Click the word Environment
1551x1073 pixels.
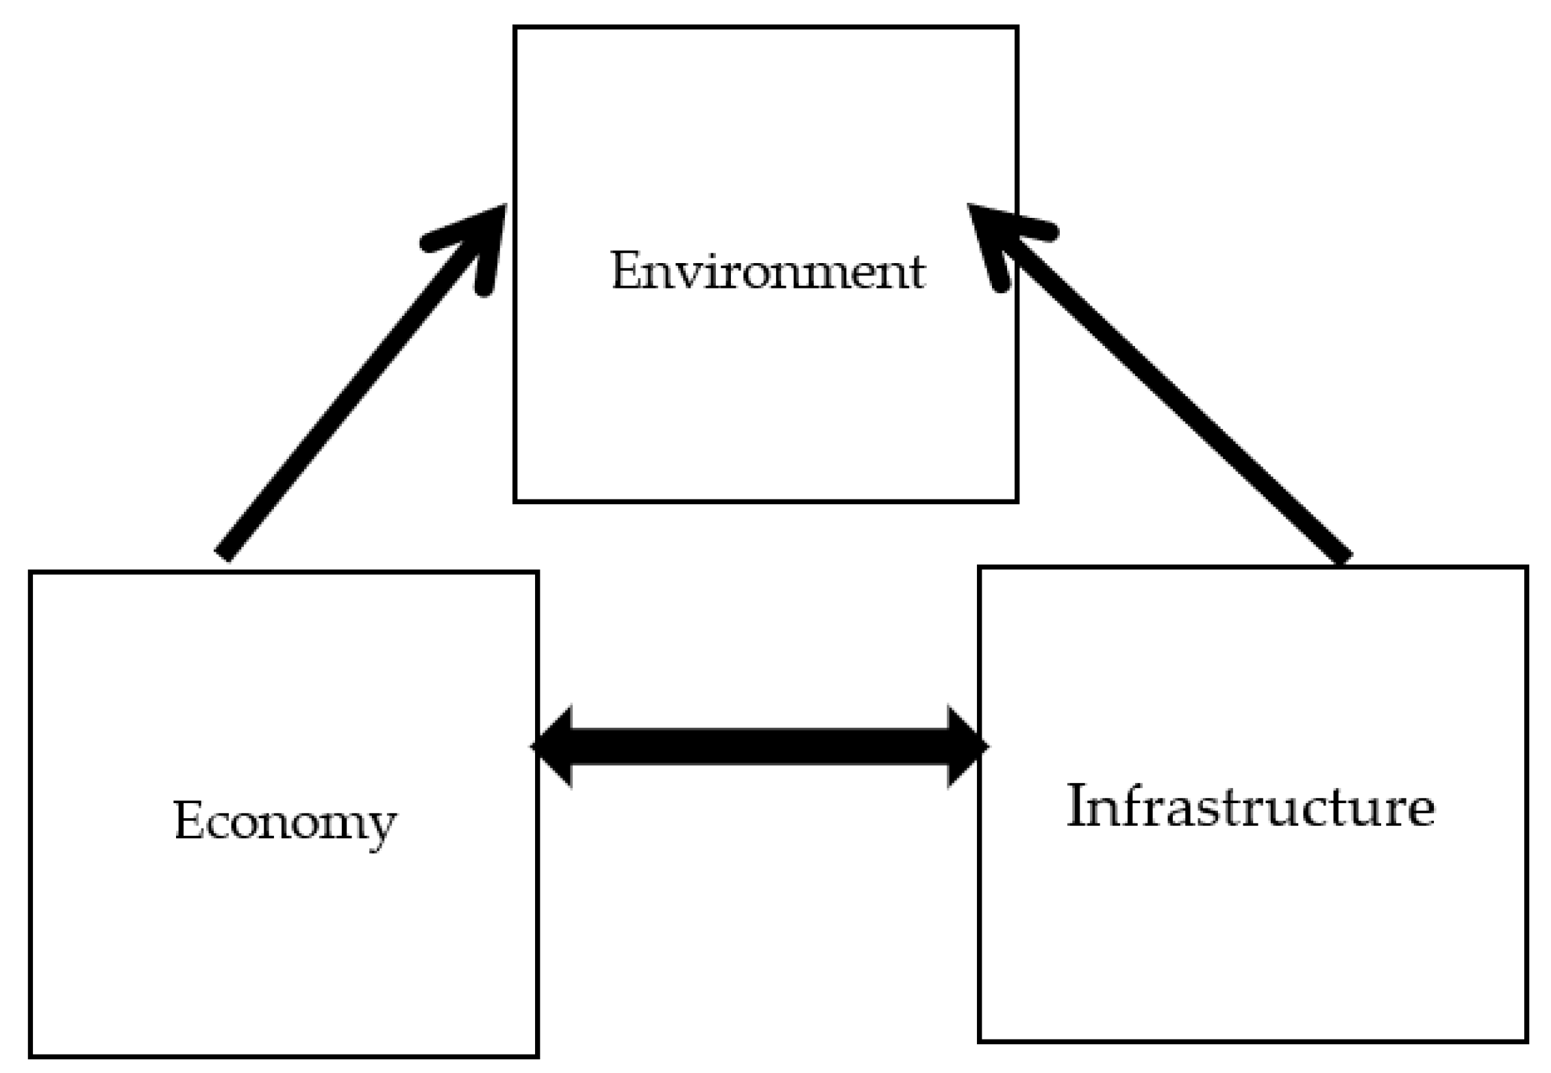coord(767,271)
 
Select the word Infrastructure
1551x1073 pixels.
coord(1251,807)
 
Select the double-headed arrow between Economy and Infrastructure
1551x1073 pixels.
coord(759,746)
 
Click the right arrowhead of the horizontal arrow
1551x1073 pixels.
coord(967,746)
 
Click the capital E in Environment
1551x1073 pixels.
coord(625,271)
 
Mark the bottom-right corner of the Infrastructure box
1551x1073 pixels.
coord(1526,1060)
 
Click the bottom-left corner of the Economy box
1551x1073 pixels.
coord(31,1055)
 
